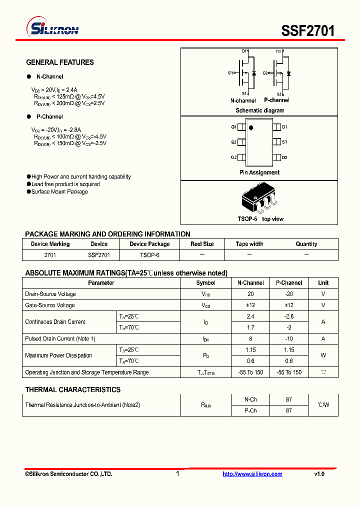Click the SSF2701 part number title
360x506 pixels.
pos(308,30)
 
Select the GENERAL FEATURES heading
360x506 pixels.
pos(59,62)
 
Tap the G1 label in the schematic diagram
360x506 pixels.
pos(230,73)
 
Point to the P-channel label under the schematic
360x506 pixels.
pos(276,100)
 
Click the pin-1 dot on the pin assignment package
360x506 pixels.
pos(251,128)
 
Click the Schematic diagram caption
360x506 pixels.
pos(259,110)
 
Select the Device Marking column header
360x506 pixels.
pos(50,244)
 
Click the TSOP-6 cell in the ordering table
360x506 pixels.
pos(149,255)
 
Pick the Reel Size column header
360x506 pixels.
pos(202,244)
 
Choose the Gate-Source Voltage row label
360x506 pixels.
pos(50,305)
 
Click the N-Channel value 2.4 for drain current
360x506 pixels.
pos(250,316)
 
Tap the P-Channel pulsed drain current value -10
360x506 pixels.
pos(289,339)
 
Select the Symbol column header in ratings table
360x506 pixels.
pos(205,283)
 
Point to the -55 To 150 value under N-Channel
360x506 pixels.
pos(250,372)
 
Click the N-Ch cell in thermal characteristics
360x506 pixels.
pos(250,399)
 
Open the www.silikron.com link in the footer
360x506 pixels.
pos(252,474)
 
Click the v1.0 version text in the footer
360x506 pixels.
pos(319,474)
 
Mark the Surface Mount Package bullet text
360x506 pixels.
pos(59,192)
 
